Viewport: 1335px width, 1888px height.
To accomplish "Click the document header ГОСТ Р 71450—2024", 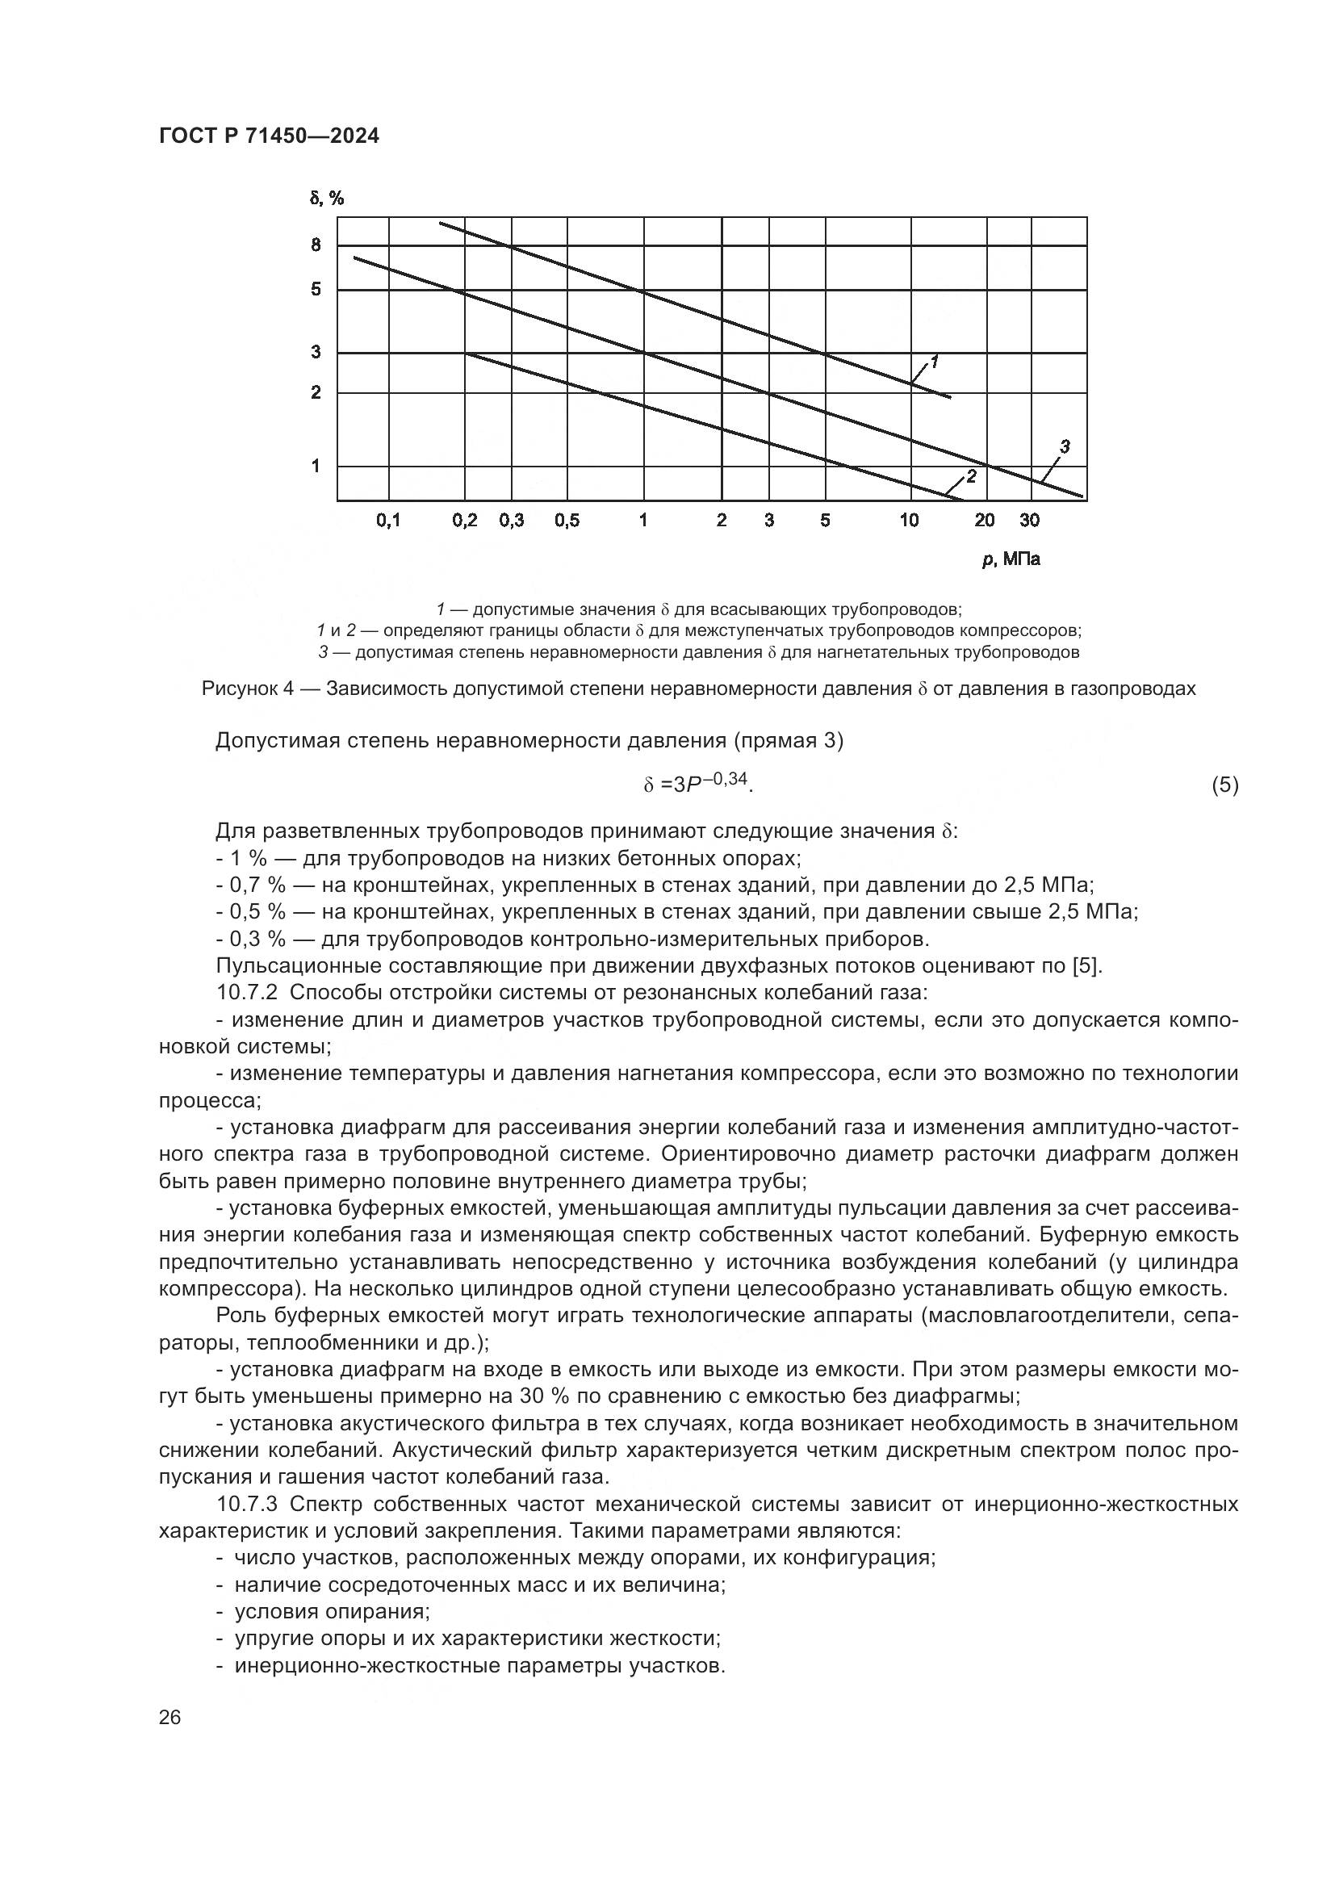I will pyautogui.click(x=269, y=136).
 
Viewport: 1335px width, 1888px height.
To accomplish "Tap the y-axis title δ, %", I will pyautogui.click(x=326, y=199).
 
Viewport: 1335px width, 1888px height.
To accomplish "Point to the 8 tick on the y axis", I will pyautogui.click(x=316, y=245).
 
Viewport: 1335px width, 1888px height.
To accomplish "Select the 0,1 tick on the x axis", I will pyautogui.click(x=388, y=521).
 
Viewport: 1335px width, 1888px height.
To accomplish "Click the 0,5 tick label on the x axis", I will pyautogui.click(x=567, y=521).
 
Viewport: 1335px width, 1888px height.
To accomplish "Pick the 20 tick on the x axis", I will pyautogui.click(x=985, y=521).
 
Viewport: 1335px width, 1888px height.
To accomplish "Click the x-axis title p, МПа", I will pyautogui.click(x=1011, y=560).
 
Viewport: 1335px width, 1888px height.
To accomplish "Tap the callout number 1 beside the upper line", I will pyautogui.click(x=935, y=362).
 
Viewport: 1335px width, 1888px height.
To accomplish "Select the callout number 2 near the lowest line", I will pyautogui.click(x=970, y=476).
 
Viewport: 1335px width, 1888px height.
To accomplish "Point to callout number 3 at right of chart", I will pyautogui.click(x=1065, y=447).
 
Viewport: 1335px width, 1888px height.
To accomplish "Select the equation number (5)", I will pyautogui.click(x=1225, y=785).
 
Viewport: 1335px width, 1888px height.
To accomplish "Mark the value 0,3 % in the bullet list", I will pyautogui.click(x=257, y=938).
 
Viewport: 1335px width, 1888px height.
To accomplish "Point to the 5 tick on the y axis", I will pyautogui.click(x=316, y=290).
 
